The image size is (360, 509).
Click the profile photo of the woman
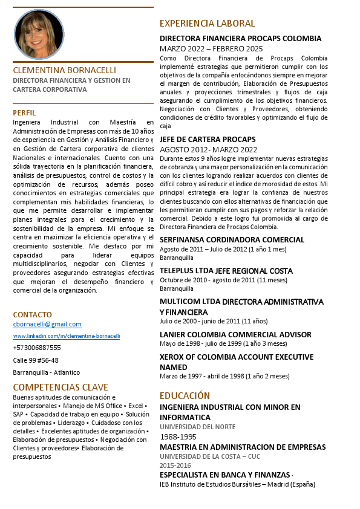39,33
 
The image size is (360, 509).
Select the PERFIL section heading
24,112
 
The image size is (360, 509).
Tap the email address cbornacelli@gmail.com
47,324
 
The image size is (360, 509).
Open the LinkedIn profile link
67,336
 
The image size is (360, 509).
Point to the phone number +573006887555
37,348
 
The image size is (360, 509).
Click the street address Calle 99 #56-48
36,360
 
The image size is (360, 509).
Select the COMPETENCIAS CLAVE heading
61,387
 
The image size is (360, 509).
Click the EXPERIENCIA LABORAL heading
207,24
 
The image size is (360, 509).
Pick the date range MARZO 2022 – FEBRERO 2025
211,48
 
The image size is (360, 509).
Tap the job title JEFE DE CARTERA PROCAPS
208,139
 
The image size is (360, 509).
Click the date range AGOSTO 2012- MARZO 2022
200,149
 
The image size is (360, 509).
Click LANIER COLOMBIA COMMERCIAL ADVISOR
235,334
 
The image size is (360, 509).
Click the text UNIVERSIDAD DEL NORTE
197,427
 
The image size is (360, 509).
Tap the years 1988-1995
178,436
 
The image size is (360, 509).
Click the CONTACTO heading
33,314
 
